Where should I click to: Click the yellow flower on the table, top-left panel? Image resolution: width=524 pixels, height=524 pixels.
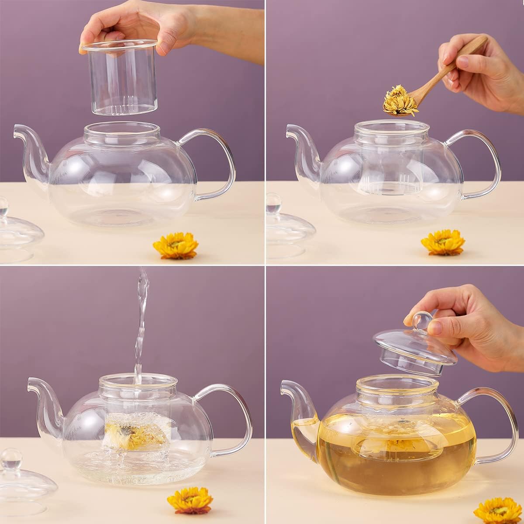176,245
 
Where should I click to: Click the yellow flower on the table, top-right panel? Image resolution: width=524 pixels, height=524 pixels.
443,242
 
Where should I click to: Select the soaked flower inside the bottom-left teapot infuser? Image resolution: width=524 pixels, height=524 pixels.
131,430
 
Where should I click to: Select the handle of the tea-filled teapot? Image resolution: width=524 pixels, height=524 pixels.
502,419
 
